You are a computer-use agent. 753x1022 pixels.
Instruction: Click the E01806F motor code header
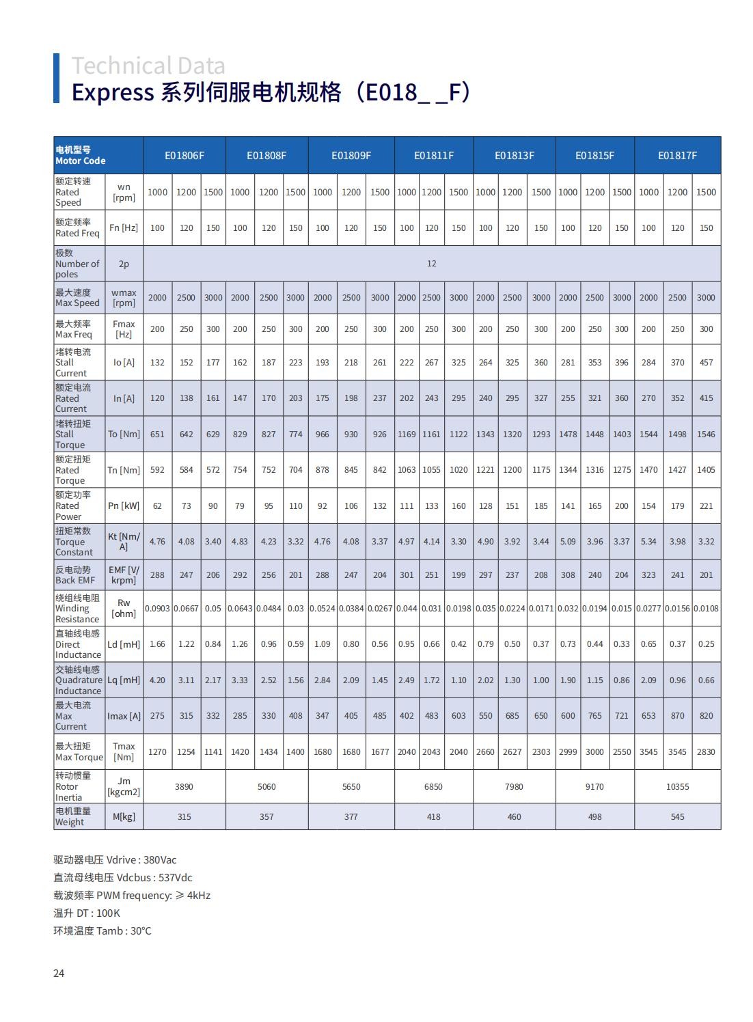184,156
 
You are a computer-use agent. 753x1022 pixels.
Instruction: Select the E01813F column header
515,156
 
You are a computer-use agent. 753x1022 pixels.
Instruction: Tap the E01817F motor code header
677,156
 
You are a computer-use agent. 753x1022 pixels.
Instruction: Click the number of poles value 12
431,264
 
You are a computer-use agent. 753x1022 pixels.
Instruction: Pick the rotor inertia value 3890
184,787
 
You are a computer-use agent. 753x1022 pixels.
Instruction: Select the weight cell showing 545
677,817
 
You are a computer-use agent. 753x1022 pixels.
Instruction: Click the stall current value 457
706,363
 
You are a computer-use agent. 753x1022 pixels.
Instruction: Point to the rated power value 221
706,506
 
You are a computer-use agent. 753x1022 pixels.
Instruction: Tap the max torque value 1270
157,752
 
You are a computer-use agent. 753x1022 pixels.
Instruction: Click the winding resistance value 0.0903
157,609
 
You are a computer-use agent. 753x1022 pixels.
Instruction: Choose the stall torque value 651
157,434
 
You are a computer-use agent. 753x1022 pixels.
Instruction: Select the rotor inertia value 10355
677,787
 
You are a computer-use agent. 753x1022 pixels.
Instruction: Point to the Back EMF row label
75,575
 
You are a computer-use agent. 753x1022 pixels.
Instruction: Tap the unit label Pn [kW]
124,506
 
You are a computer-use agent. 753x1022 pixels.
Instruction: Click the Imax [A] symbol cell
124,717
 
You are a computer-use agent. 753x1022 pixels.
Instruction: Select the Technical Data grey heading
148,66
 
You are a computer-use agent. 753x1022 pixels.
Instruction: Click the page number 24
59,973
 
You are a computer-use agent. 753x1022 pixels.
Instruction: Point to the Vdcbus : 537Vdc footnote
123,878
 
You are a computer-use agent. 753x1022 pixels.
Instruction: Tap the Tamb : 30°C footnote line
102,931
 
